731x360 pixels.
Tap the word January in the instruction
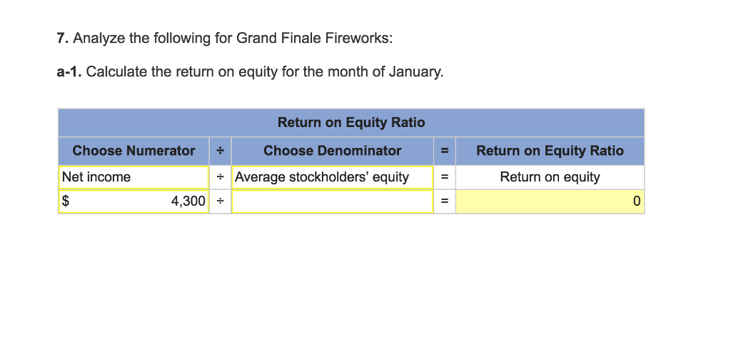(415, 72)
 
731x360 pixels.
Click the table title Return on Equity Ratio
(351, 123)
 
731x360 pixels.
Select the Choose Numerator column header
(133, 151)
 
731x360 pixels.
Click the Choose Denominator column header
(332, 151)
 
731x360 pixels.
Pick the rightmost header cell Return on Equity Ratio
(550, 151)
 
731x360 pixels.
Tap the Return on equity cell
(550, 177)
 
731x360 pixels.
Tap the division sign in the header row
(221, 151)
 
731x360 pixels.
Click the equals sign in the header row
(444, 151)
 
